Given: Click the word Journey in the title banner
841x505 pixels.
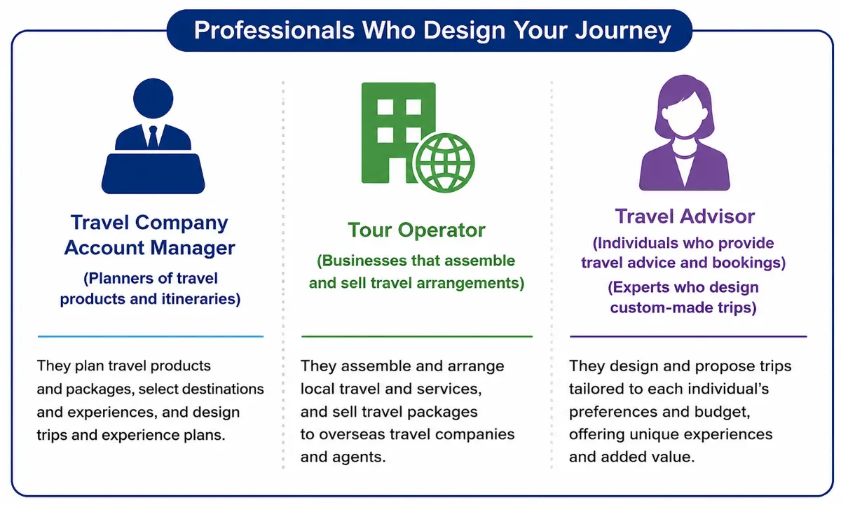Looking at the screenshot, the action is coord(623,30).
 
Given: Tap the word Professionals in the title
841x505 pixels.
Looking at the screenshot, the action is coord(274,30).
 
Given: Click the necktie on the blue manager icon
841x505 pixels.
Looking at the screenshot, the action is coord(153,137).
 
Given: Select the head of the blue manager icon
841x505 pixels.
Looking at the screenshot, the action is coord(153,98).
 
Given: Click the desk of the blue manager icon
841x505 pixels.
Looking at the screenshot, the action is coord(153,173).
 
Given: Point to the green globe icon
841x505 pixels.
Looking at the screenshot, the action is coord(445,162).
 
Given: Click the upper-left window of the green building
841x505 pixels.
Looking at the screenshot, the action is coord(385,107).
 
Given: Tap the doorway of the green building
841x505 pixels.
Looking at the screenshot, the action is coord(397,170).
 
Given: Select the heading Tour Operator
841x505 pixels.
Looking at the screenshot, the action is coord(416,230).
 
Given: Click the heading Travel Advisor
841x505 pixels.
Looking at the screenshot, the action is coord(685,216).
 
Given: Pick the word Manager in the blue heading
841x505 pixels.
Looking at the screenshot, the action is coord(193,248).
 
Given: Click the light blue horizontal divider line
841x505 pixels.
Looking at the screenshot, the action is coord(151,336).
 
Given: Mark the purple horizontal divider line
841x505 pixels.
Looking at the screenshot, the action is coord(688,336).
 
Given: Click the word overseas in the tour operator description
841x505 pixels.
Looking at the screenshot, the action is coord(352,434).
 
